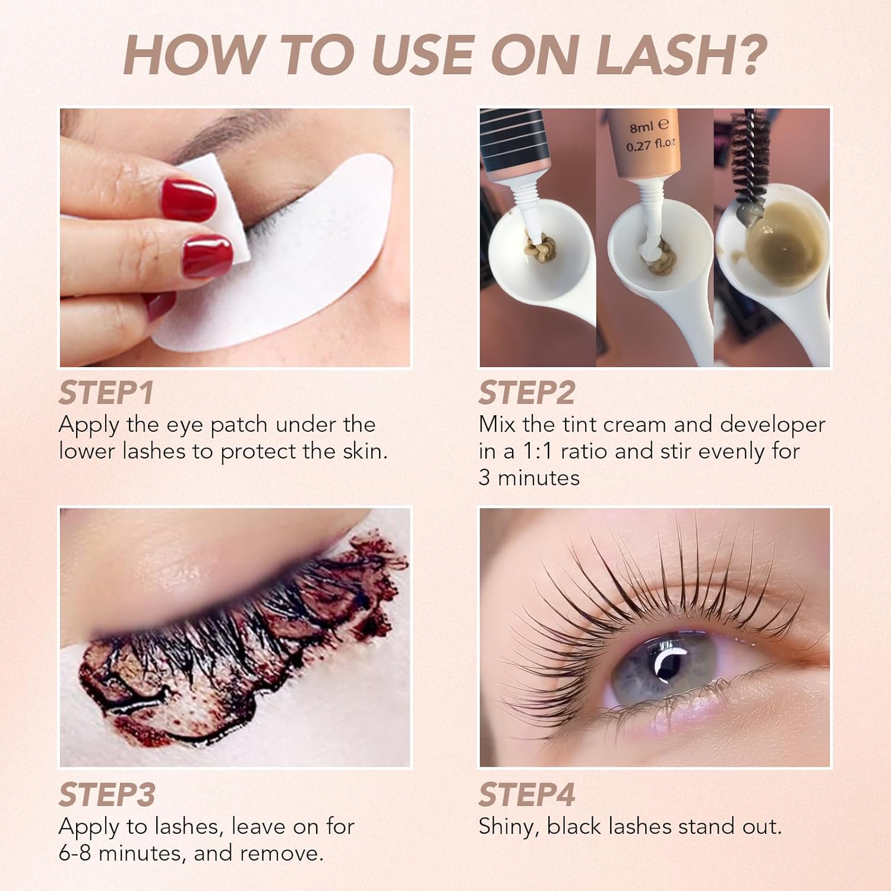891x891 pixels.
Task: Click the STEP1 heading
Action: click(106, 393)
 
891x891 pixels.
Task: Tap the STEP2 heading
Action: click(527, 393)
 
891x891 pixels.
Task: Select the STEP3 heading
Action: click(107, 795)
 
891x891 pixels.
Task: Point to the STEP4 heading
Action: click(527, 795)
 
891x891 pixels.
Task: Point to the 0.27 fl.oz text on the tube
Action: click(650, 145)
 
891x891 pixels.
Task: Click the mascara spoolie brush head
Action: click(748, 154)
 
